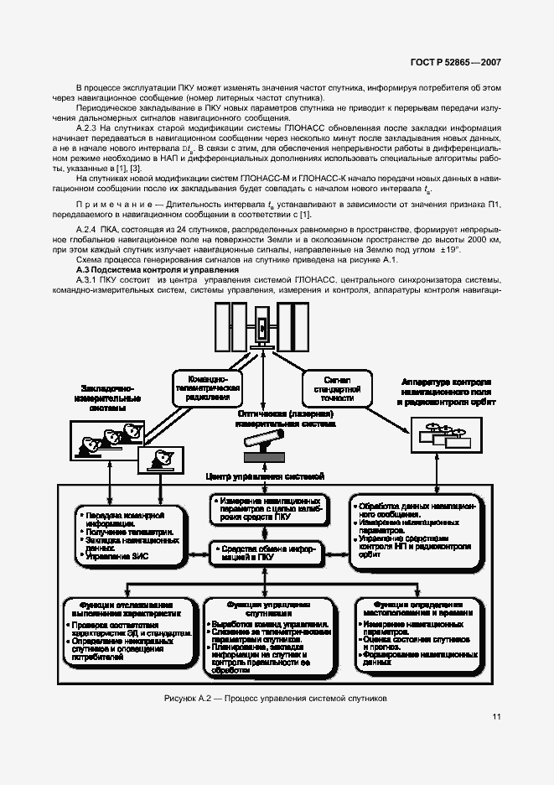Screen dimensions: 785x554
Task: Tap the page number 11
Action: coord(497,716)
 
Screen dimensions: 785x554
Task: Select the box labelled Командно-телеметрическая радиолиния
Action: coord(209,387)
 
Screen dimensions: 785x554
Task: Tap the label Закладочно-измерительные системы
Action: coord(110,398)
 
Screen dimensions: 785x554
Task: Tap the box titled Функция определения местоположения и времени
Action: coord(412,632)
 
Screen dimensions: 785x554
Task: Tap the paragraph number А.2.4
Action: coord(86,228)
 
